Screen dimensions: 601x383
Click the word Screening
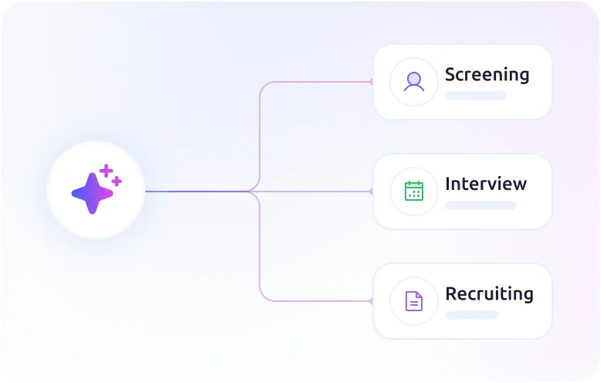[x=487, y=74]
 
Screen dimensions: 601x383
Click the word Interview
[x=486, y=184]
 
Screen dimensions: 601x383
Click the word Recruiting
[x=489, y=293]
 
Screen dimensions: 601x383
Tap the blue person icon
[x=414, y=82]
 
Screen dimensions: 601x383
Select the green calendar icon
[x=414, y=191]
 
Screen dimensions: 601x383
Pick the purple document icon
[x=414, y=301]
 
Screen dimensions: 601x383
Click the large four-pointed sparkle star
[x=93, y=193]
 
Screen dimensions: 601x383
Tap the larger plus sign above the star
[x=106, y=171]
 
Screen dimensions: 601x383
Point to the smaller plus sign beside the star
[x=117, y=181]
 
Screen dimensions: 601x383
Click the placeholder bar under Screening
[x=476, y=96]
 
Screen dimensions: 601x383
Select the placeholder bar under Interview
[x=480, y=205]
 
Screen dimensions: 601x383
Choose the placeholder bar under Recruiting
[x=472, y=315]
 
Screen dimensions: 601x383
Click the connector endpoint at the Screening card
[x=371, y=82]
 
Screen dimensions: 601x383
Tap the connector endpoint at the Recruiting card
[x=371, y=301]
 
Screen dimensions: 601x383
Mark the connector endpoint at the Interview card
[x=371, y=191]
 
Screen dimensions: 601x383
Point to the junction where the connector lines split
[x=250, y=191]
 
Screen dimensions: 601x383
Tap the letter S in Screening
[x=451, y=74]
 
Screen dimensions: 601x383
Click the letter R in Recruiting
[x=451, y=293]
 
